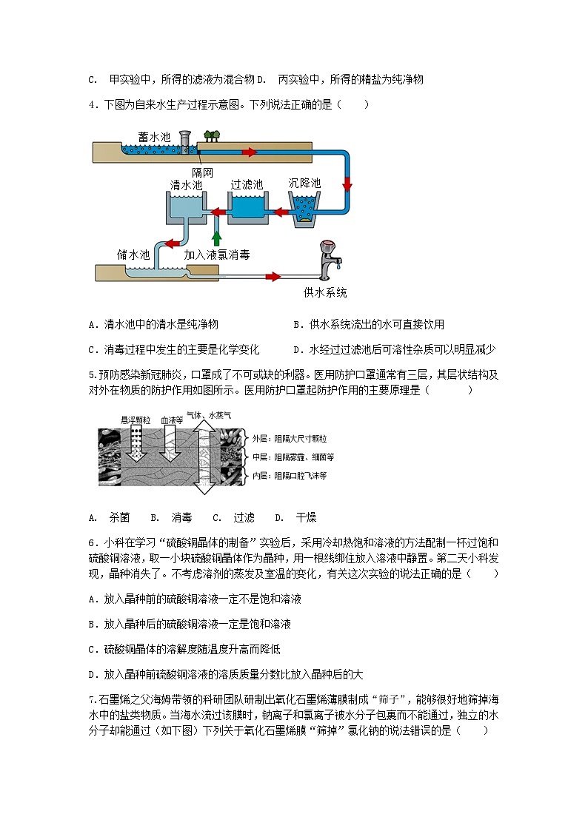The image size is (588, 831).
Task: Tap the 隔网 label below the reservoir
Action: (x=202, y=172)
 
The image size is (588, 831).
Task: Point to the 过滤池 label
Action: (x=247, y=184)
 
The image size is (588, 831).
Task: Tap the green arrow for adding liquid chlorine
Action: (x=216, y=238)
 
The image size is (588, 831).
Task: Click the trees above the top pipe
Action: (x=213, y=135)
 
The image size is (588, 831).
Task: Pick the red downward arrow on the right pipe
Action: (x=347, y=184)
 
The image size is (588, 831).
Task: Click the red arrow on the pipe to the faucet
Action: (x=273, y=277)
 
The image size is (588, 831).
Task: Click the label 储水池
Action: (x=133, y=255)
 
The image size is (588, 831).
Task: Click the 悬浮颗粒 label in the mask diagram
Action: (x=136, y=420)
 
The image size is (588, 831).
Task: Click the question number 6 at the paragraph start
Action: (x=91, y=542)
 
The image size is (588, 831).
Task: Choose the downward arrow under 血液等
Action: (x=172, y=453)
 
